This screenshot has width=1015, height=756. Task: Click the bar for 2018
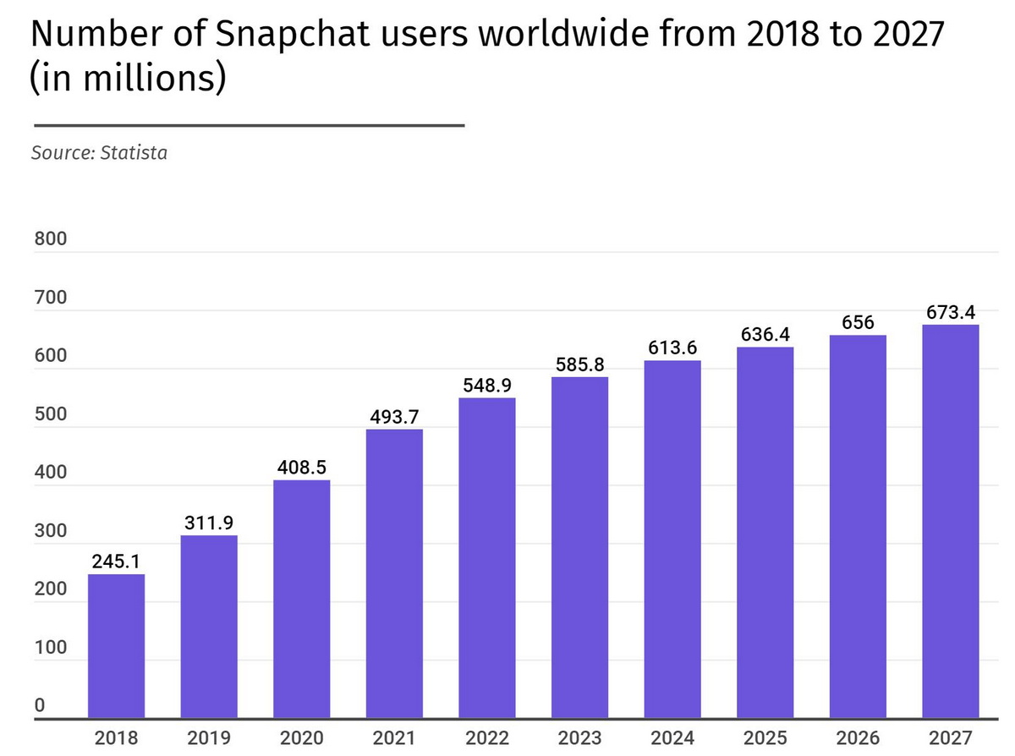[x=116, y=646]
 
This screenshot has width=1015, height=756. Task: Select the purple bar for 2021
[x=394, y=574]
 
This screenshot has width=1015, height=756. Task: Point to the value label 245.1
[x=116, y=561]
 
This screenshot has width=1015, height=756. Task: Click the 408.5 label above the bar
[x=302, y=467]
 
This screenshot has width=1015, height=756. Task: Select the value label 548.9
[x=487, y=385]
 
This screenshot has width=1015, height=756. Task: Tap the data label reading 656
[x=858, y=322]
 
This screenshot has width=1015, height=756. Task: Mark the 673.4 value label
[x=950, y=312]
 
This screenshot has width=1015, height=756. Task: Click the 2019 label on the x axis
[x=209, y=737]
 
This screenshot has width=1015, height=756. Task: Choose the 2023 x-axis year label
[x=579, y=737]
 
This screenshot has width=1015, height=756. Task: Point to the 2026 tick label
[x=858, y=737]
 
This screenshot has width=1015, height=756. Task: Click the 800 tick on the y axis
[x=50, y=239]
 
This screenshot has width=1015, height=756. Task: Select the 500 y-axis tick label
[x=50, y=414]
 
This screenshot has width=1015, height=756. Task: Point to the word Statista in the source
[x=134, y=153]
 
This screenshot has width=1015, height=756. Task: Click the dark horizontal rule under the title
[x=247, y=125]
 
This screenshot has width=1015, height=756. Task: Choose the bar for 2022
[x=487, y=558]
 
